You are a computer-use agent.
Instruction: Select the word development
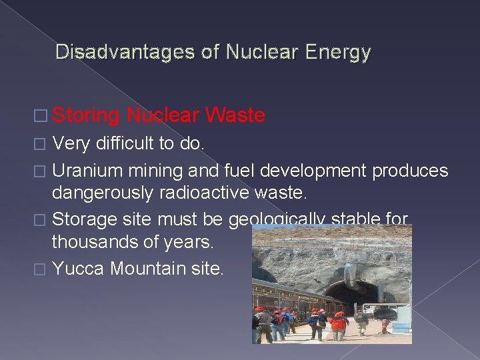click(x=313, y=171)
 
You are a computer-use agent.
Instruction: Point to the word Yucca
click(x=79, y=269)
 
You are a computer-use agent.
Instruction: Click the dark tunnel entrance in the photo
click(x=350, y=293)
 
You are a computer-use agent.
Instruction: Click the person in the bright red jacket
click(x=339, y=324)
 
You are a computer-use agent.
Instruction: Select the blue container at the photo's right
click(x=402, y=327)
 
